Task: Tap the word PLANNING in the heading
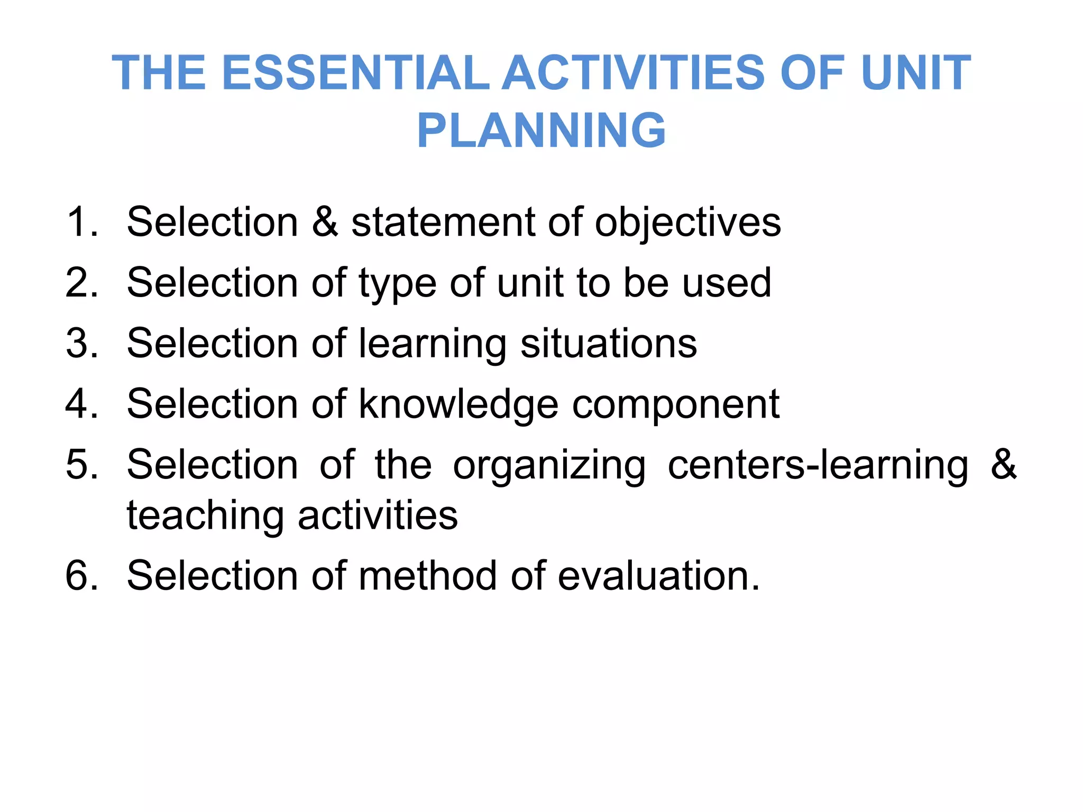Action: [x=541, y=131]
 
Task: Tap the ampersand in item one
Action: [x=325, y=222]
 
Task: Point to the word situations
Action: [x=609, y=344]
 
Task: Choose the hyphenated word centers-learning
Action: [x=818, y=465]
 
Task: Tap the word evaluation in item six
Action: [x=658, y=575]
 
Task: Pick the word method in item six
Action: [x=428, y=575]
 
